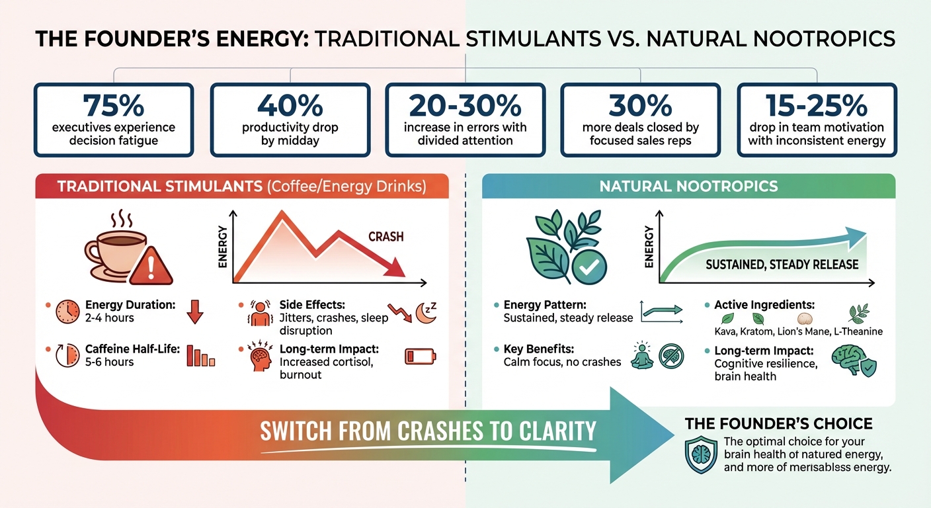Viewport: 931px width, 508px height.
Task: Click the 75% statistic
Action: pyautogui.click(x=113, y=106)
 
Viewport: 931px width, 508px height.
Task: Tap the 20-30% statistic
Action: pyautogui.click(x=465, y=106)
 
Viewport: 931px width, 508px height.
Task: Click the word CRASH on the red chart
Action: pyautogui.click(x=386, y=237)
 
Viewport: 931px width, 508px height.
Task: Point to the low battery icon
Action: pyautogui.click(x=418, y=357)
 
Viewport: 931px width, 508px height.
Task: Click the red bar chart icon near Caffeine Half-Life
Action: pyautogui.click(x=200, y=356)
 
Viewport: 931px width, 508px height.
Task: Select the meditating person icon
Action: pyautogui.click(x=641, y=355)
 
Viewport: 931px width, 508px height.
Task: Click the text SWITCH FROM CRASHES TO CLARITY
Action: pyautogui.click(x=428, y=431)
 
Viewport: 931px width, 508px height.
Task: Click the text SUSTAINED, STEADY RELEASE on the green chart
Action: pyautogui.click(x=782, y=265)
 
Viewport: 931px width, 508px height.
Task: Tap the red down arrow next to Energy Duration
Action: pyautogui.click(x=194, y=312)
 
